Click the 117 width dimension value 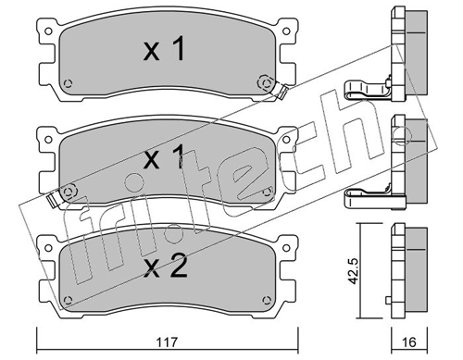point(167,342)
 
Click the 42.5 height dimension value point(354,271)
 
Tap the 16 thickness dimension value point(409,342)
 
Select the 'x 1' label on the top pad point(164,49)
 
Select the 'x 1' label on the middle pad point(164,157)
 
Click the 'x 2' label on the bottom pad point(166,267)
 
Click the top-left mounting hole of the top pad point(48,31)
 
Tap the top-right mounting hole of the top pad point(286,31)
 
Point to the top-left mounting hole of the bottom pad point(48,248)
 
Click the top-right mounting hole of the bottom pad point(286,248)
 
